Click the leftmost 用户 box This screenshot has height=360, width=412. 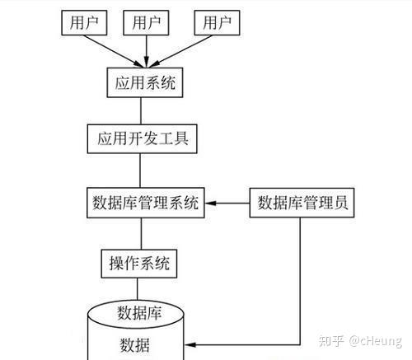pyautogui.click(x=85, y=22)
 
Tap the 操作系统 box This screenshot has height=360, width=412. pyautogui.click(x=139, y=264)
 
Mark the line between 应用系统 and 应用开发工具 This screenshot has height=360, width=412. pyautogui.click(x=140, y=110)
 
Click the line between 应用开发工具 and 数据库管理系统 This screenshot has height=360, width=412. pyautogui.click(x=140, y=170)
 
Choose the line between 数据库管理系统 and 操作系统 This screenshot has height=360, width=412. pyautogui.click(x=140, y=234)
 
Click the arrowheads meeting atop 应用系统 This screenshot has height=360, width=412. pyautogui.click(x=146, y=63)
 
